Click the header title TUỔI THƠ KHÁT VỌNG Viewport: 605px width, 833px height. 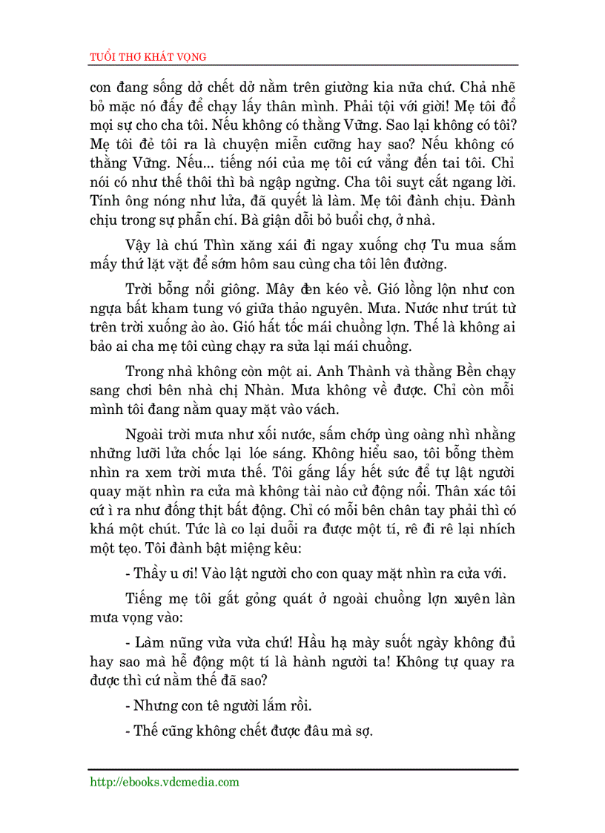148,57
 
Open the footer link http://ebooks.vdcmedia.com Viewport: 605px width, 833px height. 164,782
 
